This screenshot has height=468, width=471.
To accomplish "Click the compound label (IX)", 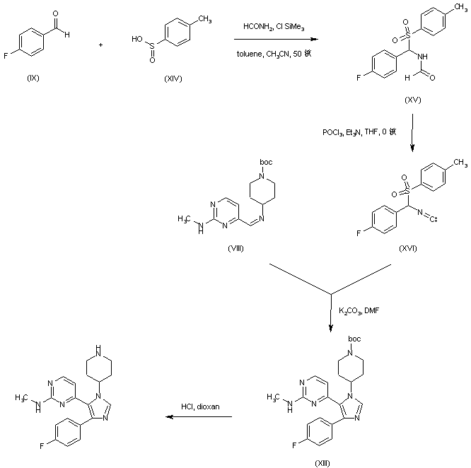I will [x=33, y=77].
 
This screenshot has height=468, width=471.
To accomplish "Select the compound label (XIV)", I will [x=171, y=78].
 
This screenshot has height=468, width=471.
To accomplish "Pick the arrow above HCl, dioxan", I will [x=199, y=417].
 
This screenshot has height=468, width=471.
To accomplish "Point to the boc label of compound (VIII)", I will [x=266, y=162].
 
